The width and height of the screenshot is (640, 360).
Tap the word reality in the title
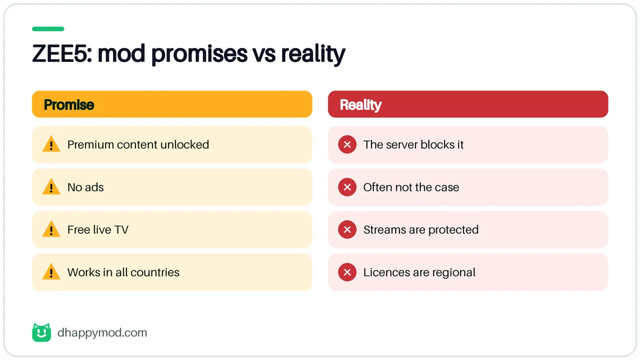tap(313, 54)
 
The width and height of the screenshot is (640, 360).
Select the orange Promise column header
tap(172, 105)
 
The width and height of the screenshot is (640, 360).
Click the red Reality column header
tap(468, 105)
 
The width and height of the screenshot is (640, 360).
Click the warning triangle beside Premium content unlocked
tap(51, 144)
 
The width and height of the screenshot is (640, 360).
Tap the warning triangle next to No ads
tap(51, 187)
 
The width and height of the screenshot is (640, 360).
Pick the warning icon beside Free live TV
tap(51, 229)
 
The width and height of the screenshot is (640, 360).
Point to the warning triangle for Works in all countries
tap(51, 271)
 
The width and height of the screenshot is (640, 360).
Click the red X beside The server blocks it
tap(347, 145)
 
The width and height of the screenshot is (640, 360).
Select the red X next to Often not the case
tap(347, 187)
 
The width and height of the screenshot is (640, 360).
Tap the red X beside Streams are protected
tap(347, 229)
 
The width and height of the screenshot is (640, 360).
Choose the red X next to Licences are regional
tap(347, 272)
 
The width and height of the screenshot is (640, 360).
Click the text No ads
tap(85, 187)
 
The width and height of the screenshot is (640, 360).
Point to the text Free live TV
tap(98, 230)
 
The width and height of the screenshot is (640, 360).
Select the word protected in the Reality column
tap(453, 230)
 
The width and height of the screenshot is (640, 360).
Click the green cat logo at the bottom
tap(42, 332)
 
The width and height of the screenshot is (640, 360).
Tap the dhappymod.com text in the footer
tap(102, 333)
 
